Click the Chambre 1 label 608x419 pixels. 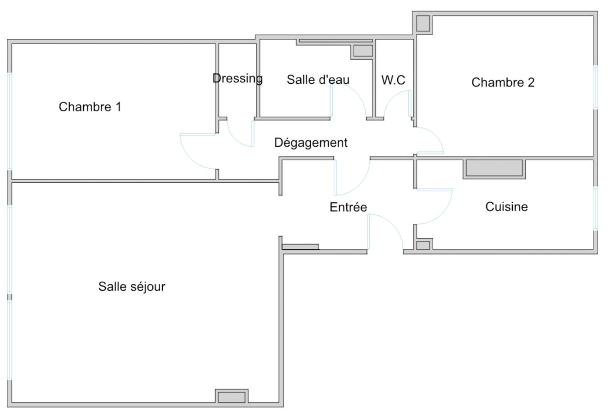point(90,107)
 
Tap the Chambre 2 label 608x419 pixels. point(503,82)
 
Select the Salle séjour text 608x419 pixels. point(132,286)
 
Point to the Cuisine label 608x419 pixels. point(506,207)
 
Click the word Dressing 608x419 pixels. point(238,79)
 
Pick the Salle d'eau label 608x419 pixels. point(318,80)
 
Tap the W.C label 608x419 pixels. point(393,80)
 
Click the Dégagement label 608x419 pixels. point(311,143)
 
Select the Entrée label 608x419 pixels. point(348,207)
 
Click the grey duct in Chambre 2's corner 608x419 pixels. point(423,24)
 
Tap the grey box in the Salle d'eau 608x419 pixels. point(363,51)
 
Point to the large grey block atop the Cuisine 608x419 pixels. point(494,168)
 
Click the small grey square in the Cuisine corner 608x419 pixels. point(423,246)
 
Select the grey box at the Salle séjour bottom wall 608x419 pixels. point(231,398)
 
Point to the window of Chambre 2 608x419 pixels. point(595,87)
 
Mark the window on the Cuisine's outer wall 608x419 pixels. point(595,208)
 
